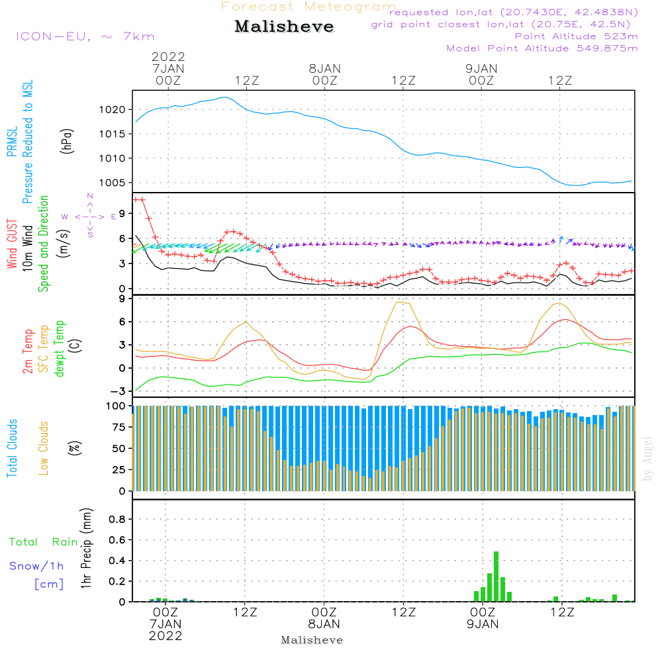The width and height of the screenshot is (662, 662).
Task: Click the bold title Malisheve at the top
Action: (x=284, y=26)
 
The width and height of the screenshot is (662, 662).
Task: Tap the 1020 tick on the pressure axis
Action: (x=112, y=110)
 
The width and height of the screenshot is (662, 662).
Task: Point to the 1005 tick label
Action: (x=112, y=183)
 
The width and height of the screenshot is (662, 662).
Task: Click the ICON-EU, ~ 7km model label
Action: (x=85, y=36)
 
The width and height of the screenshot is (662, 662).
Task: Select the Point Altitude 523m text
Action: (x=577, y=36)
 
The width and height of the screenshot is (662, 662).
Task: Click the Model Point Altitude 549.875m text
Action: (x=542, y=48)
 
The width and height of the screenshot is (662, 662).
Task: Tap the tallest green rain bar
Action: (x=496, y=577)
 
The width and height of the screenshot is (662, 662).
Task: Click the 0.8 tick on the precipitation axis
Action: (x=117, y=519)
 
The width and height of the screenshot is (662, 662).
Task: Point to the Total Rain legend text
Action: (x=44, y=542)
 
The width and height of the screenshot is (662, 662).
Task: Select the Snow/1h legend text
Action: (x=36, y=566)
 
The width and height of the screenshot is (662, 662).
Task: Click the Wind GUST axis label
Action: (x=12, y=244)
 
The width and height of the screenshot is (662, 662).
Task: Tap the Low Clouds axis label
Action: (x=43, y=448)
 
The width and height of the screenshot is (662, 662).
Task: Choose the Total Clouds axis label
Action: (x=12, y=448)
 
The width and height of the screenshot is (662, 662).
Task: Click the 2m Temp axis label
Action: (x=27, y=352)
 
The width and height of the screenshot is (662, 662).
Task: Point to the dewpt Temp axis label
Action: (x=59, y=349)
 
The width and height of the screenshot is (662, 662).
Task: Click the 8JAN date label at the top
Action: (x=324, y=68)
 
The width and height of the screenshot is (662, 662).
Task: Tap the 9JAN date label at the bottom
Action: (x=483, y=624)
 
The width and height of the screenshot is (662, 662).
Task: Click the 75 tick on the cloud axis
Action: (x=118, y=427)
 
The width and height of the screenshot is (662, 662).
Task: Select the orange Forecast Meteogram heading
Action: (x=308, y=7)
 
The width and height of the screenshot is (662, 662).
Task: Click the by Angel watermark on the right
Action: (x=647, y=459)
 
